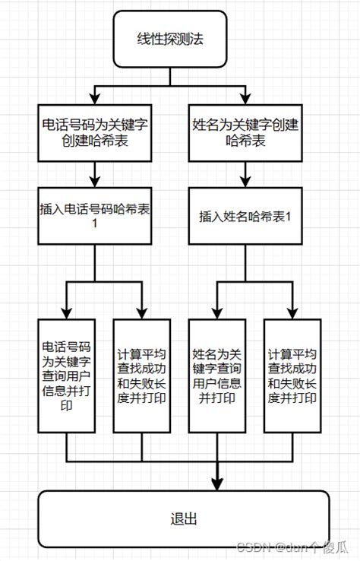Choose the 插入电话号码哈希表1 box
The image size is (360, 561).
(94, 217)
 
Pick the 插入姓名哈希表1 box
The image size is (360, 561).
(246, 217)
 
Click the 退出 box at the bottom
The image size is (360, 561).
(184, 518)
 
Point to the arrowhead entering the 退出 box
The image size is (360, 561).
(217, 485)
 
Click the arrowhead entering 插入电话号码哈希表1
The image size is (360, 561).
(94, 182)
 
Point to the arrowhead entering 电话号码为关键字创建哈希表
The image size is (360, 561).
(94, 98)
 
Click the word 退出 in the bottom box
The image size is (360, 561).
(184, 519)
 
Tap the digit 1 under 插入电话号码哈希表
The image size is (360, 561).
(94, 226)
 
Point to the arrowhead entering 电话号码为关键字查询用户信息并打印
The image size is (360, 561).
(67, 313)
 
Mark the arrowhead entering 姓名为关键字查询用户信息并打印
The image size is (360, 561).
(217, 313)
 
